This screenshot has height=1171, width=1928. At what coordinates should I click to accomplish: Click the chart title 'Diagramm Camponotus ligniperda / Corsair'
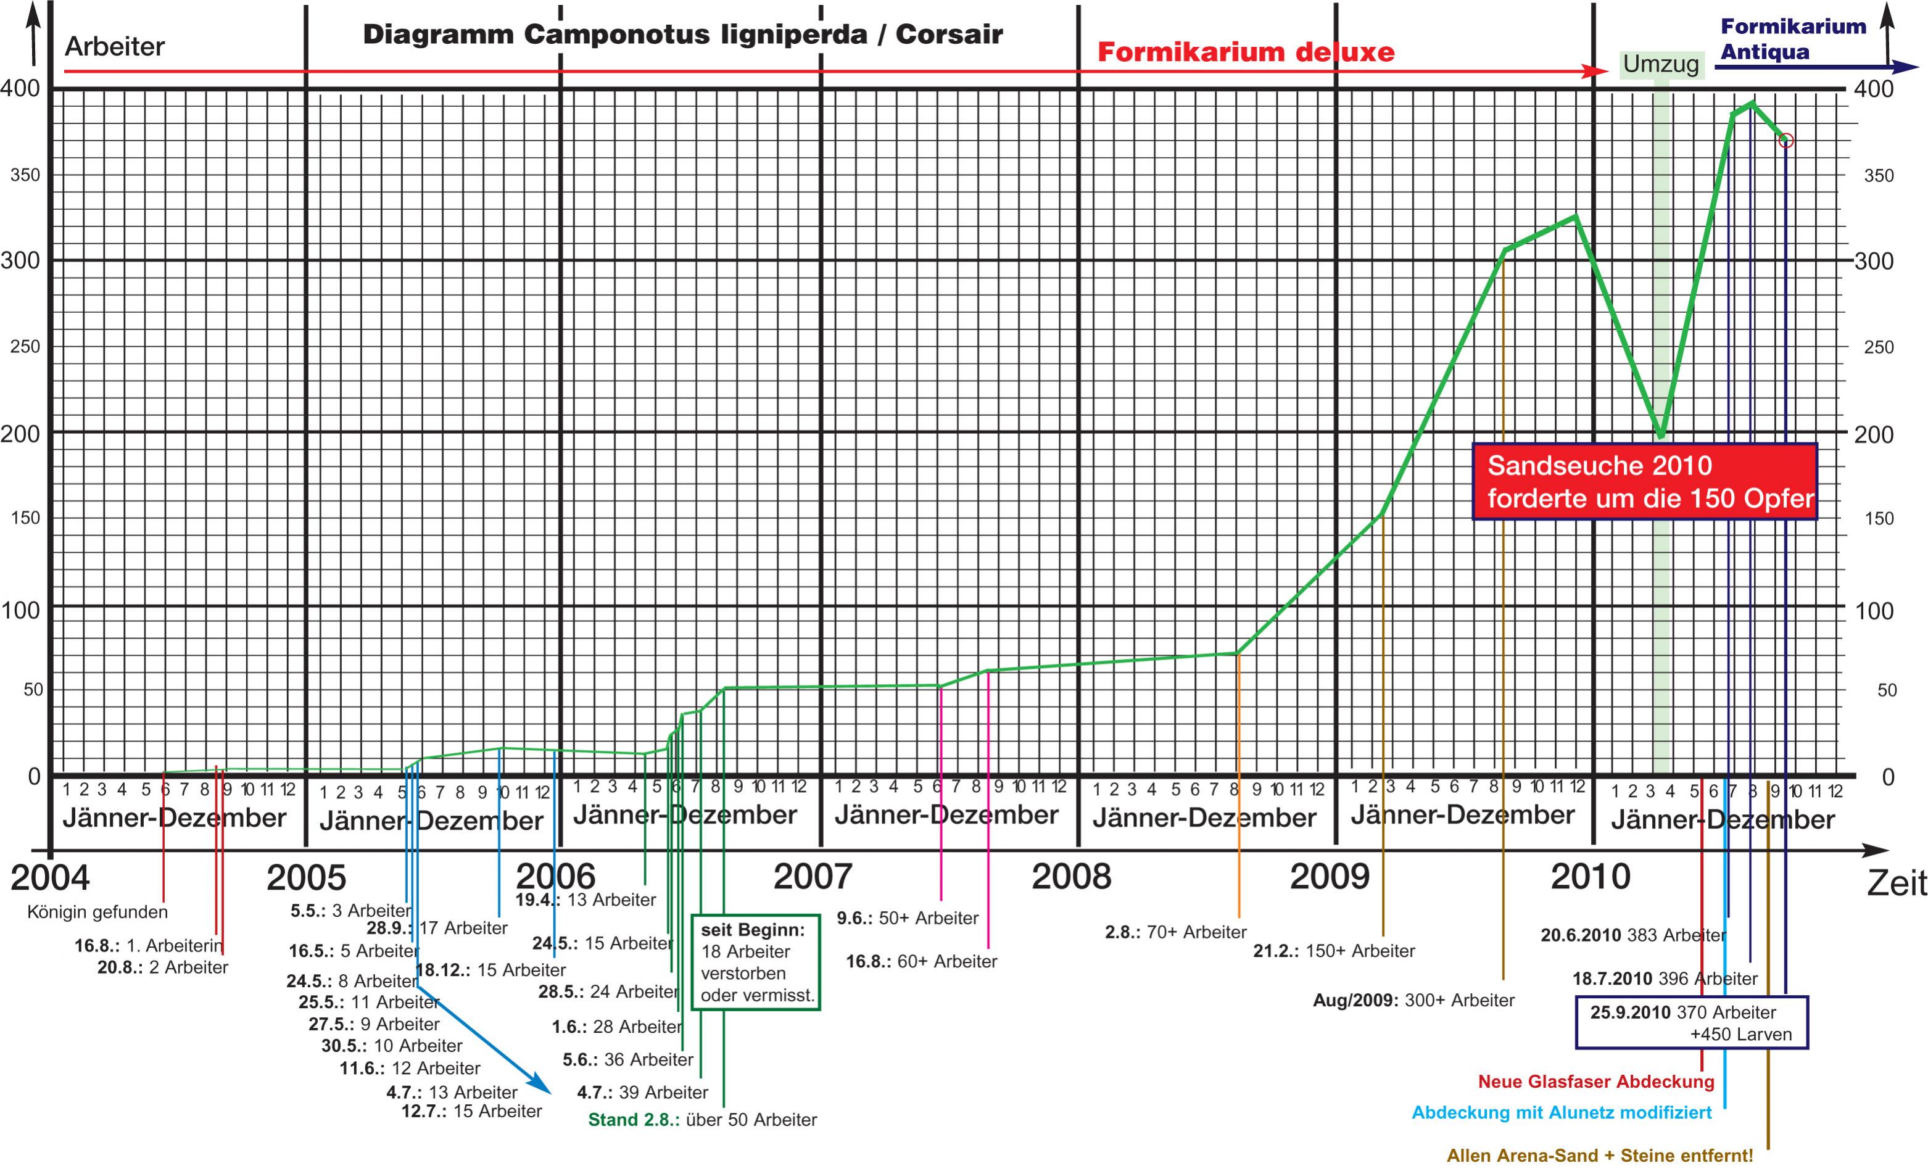[x=682, y=35]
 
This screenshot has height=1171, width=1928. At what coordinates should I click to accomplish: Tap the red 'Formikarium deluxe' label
[x=1246, y=52]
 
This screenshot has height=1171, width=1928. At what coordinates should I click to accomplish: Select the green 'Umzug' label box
[x=1660, y=64]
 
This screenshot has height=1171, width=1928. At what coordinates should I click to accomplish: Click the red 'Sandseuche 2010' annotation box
[x=1645, y=482]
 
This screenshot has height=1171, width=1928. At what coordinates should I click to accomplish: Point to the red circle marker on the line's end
[x=1785, y=141]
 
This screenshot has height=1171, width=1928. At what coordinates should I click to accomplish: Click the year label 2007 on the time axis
[x=813, y=876]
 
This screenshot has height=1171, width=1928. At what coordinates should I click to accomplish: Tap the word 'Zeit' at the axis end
[x=1896, y=883]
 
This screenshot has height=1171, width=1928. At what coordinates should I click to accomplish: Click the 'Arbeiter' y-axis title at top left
[x=114, y=47]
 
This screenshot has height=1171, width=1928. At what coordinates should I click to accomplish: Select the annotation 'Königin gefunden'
[x=97, y=912]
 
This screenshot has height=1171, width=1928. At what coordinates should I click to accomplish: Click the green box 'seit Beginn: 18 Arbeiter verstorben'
[x=756, y=962]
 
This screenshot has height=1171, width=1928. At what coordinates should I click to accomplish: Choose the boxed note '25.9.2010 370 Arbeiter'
[x=1691, y=1022]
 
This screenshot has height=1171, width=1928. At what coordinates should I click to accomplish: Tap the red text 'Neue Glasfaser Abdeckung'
[x=1595, y=1082]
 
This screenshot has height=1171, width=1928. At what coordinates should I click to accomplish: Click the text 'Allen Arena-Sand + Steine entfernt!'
[x=1599, y=1156]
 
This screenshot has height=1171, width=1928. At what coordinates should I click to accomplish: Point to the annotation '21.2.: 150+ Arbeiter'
[x=1334, y=951]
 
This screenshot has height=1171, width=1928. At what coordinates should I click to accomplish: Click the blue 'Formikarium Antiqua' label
[x=1793, y=39]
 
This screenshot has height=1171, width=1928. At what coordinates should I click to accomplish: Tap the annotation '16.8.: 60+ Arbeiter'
[x=921, y=961]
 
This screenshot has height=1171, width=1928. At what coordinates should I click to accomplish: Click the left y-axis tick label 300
[x=20, y=260]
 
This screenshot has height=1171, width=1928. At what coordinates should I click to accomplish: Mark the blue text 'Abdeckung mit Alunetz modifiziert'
[x=1561, y=1112]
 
